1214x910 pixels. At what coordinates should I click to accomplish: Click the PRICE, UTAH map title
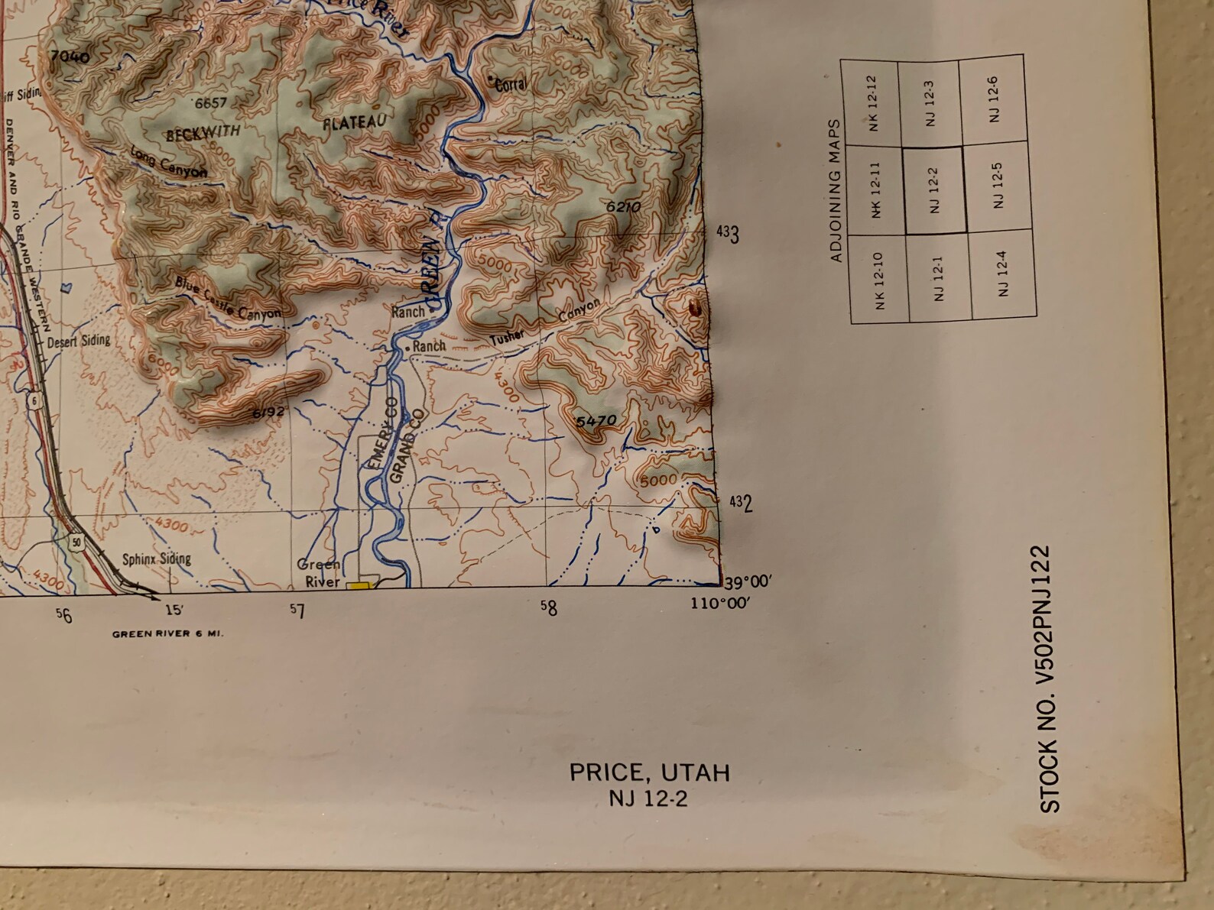click(x=649, y=772)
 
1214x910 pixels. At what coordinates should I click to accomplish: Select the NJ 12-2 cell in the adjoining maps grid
click(x=934, y=190)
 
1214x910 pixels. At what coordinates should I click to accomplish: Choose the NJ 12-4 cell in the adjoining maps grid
click(x=1002, y=274)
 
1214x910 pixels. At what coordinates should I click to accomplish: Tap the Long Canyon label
click(x=169, y=162)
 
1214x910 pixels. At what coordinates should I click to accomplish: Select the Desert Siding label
click(x=79, y=341)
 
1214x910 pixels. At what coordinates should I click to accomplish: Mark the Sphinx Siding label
click(x=157, y=559)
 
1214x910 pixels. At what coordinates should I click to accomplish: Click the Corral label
click(x=510, y=84)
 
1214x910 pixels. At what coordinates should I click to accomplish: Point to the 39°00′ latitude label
click(x=748, y=583)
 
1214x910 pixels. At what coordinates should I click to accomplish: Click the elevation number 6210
click(x=622, y=206)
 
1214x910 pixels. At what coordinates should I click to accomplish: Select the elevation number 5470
click(x=596, y=421)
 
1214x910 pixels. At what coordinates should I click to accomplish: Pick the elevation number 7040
click(x=69, y=57)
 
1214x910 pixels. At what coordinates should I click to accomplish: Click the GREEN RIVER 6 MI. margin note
click(x=167, y=633)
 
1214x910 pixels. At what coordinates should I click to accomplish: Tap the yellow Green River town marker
click(x=358, y=586)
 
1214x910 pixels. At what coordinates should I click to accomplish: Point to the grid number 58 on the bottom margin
click(x=548, y=607)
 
